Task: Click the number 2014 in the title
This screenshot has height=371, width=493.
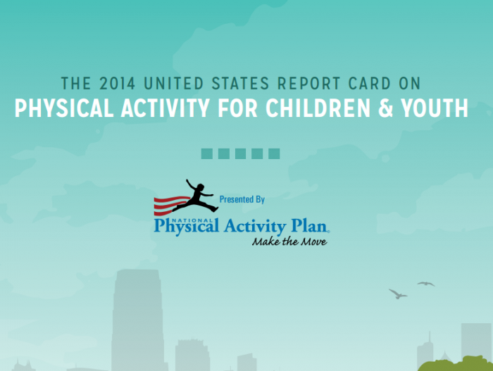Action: [x=118, y=83]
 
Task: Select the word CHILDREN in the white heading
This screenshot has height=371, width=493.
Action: [x=318, y=108]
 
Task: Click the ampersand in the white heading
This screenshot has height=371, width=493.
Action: [x=385, y=108]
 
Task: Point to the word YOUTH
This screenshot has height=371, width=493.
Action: [x=435, y=108]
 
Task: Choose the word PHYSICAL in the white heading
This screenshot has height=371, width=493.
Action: [x=64, y=108]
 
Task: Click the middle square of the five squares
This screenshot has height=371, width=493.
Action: [x=241, y=153]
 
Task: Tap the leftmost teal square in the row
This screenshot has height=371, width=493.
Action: [x=207, y=153]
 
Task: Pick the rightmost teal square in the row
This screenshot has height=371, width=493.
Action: [x=274, y=153]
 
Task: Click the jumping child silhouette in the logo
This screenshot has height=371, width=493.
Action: [x=196, y=196]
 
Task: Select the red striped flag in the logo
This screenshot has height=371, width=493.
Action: [x=170, y=206]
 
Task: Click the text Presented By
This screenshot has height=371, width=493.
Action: [x=242, y=199]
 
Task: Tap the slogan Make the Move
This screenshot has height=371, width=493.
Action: [x=289, y=241]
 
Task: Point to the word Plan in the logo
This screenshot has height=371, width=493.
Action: [x=310, y=226]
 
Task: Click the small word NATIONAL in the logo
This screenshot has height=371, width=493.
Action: [x=192, y=220]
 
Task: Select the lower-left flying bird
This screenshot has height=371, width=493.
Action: [x=398, y=294]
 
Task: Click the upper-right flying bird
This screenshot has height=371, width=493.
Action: [x=426, y=284]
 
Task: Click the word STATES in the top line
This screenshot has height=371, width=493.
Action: [x=241, y=83]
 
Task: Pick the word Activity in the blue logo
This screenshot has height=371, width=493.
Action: [x=255, y=227]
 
